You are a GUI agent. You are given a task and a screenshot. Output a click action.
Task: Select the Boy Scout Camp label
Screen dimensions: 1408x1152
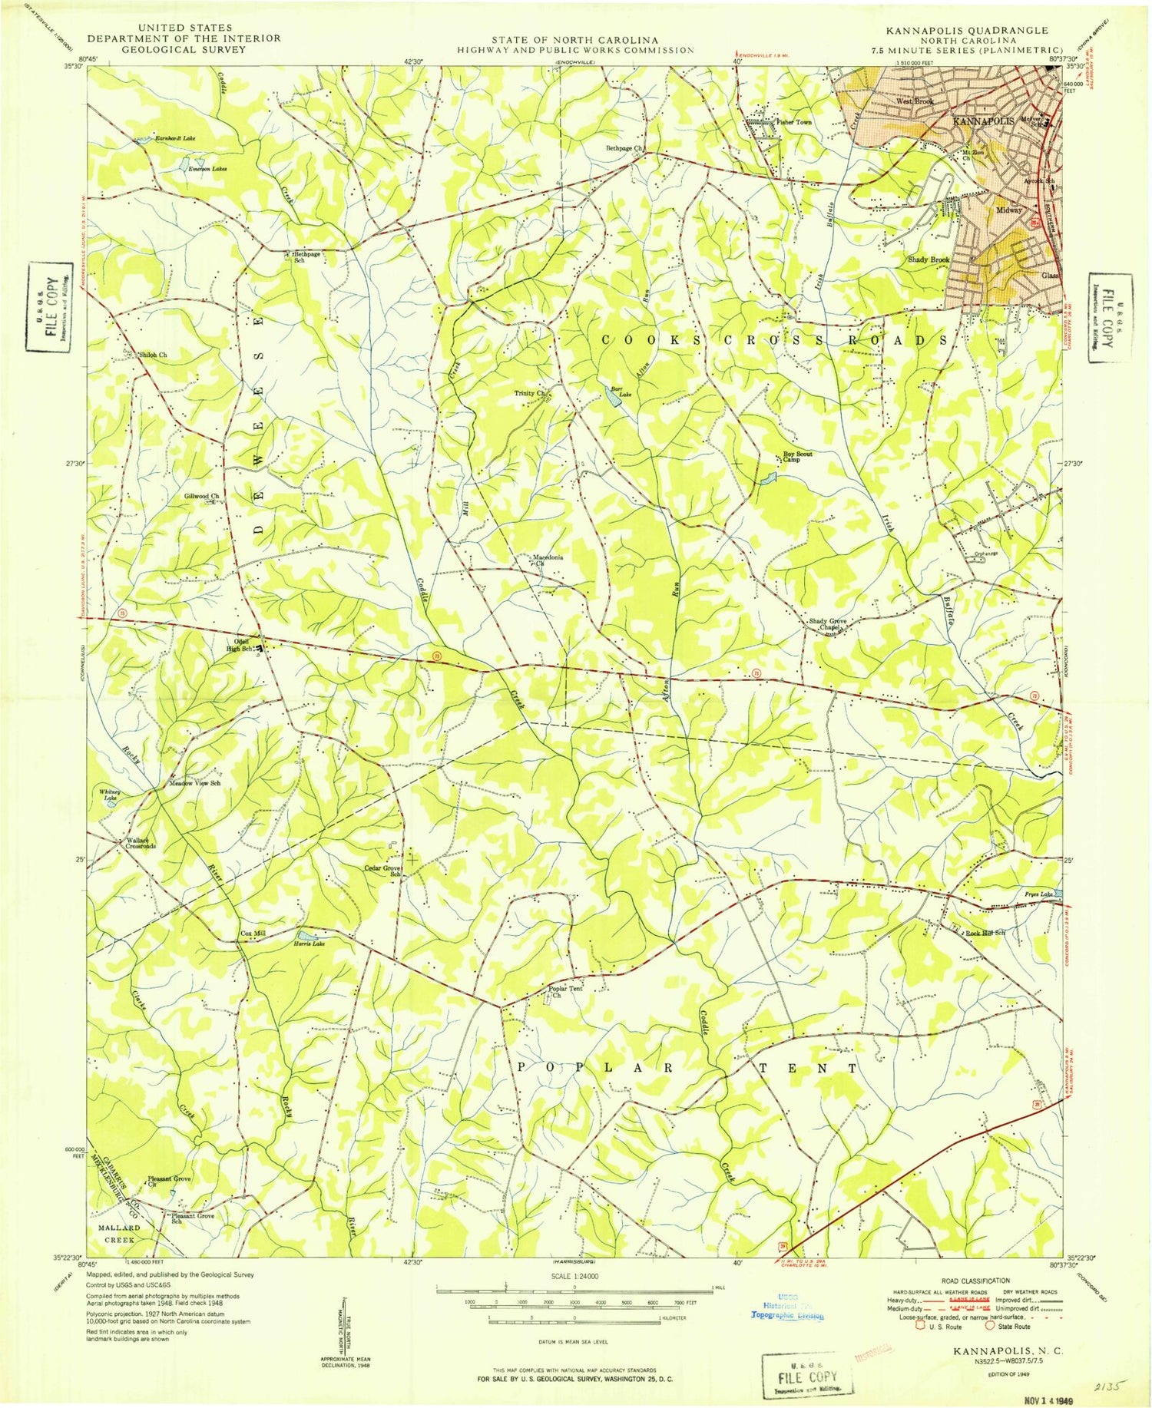coord(796,457)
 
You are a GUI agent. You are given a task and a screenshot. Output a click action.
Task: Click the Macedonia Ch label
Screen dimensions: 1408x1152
coord(549,560)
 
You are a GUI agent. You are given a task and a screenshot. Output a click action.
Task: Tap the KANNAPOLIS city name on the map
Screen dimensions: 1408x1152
coord(983,121)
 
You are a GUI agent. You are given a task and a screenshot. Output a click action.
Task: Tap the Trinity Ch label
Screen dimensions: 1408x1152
coord(530,393)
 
